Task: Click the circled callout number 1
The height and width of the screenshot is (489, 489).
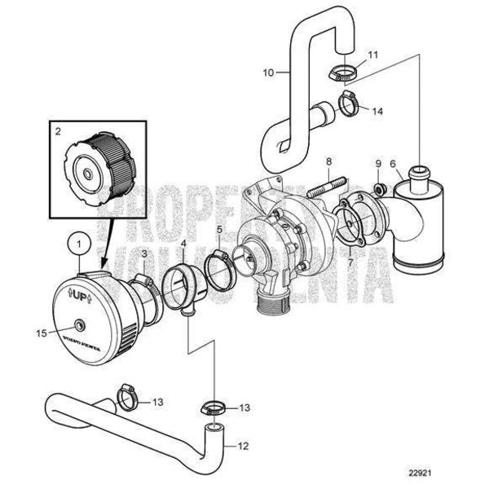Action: click(79, 242)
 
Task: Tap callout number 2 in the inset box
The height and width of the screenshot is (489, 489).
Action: click(58, 130)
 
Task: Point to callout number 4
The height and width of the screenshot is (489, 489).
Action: click(183, 244)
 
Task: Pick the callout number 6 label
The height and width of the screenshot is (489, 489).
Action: click(394, 165)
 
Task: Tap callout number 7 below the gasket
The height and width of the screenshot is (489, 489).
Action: click(351, 262)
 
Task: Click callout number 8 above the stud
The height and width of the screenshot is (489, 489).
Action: click(328, 163)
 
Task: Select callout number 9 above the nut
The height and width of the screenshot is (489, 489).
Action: click(378, 165)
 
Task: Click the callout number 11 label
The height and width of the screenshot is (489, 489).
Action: click(350, 54)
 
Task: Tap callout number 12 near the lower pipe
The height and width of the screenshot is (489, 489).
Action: click(242, 445)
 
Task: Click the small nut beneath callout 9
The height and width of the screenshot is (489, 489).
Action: click(379, 189)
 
